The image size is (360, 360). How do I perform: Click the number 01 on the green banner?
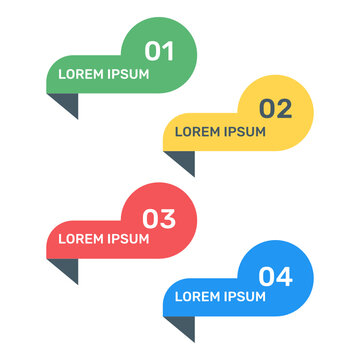coord(159,50)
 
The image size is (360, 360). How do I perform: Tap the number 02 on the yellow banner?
coord(276,108)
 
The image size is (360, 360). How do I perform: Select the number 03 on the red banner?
coord(159,217)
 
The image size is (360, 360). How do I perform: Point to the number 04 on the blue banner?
coord(276,275)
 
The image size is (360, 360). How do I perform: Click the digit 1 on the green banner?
coord(167,50)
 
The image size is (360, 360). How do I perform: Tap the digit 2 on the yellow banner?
coord(285,108)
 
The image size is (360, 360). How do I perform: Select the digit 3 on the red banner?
coord(168,217)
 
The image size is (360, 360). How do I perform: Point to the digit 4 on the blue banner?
coord(285,275)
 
